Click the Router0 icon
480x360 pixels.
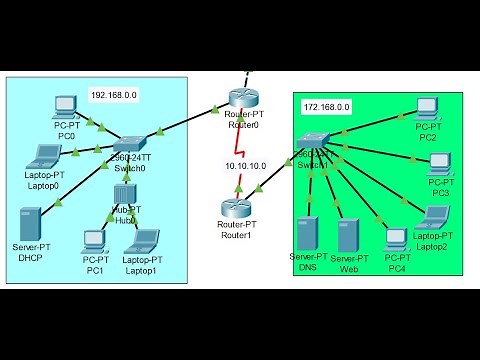241,97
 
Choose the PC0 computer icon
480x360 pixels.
66,105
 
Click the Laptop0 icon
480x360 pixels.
46,156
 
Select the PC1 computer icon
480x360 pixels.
95,240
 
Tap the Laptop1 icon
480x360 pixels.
141,241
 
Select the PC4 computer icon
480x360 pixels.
396,238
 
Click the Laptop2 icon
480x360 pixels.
436,216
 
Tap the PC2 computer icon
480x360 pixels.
428,106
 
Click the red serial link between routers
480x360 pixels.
241,150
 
